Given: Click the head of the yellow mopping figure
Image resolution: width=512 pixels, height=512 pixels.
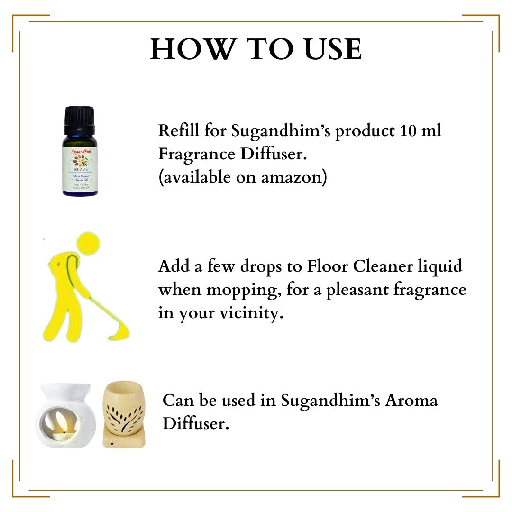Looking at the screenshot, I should [x=88, y=242].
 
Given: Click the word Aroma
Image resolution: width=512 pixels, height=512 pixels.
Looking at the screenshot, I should [x=411, y=401].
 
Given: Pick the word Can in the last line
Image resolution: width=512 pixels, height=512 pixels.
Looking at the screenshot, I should [x=177, y=401].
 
